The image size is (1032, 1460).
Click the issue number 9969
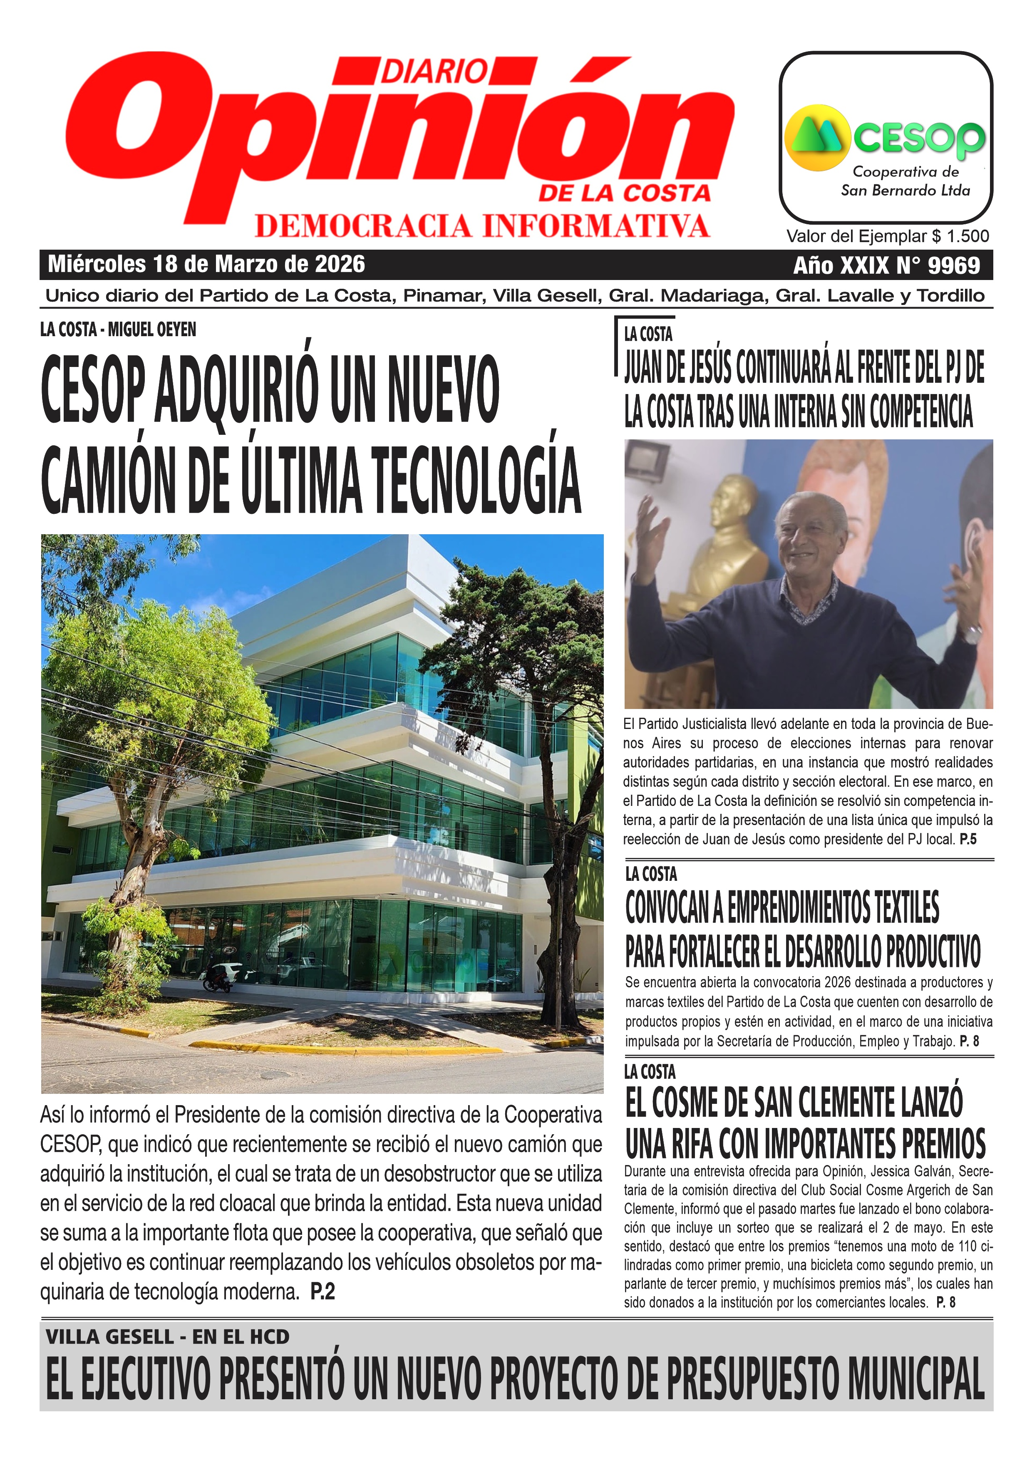coord(954,265)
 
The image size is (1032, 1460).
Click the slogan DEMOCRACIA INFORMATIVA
coord(482,226)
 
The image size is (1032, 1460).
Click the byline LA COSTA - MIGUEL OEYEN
coord(118,330)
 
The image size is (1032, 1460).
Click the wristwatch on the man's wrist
coord(972,633)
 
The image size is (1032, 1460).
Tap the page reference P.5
coord(968,839)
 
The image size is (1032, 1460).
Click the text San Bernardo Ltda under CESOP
coord(905,190)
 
